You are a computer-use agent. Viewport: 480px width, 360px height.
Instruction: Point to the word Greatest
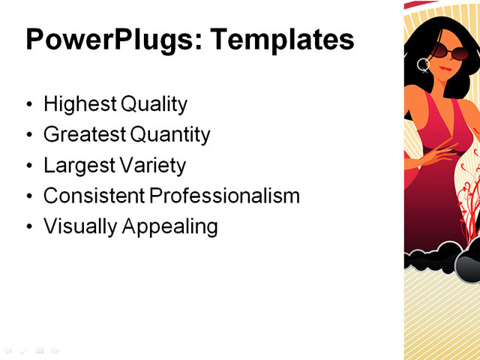click(x=84, y=135)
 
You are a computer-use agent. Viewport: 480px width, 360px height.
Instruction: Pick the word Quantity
click(x=170, y=135)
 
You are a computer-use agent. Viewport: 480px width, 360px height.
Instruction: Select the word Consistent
click(x=93, y=196)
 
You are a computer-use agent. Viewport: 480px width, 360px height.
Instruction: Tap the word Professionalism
click(x=224, y=196)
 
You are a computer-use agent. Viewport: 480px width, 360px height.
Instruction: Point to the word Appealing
click(x=168, y=226)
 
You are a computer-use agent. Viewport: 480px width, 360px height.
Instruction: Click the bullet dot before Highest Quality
click(x=29, y=105)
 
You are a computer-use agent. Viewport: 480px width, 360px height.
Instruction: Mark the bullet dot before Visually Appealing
click(x=29, y=226)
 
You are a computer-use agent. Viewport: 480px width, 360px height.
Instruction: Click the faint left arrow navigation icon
click(x=7, y=349)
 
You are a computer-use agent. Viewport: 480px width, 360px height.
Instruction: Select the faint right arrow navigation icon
click(x=55, y=349)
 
